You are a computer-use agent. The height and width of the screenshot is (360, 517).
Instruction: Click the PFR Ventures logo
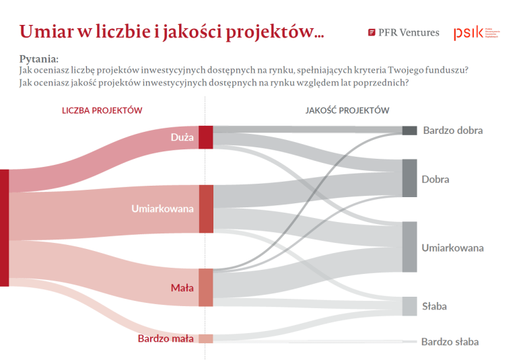(403, 32)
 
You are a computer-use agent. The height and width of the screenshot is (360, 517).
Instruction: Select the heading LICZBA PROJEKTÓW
(102, 110)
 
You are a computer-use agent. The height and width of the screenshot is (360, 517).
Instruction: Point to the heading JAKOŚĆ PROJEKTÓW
(347, 110)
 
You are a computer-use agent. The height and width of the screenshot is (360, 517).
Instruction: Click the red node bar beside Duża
(206, 137)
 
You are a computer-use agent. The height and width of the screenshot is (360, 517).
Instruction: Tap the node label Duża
(182, 137)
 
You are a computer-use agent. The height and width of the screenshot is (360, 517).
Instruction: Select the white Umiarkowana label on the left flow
(162, 209)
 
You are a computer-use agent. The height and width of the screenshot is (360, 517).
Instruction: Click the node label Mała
(182, 288)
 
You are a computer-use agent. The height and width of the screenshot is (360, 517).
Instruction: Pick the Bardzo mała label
(166, 338)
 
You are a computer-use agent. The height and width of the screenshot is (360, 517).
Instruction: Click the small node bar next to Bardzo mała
(206, 338)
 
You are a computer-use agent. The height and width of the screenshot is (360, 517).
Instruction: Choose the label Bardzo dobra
(452, 131)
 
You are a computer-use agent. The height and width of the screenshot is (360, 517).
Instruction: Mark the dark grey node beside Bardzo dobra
(409, 131)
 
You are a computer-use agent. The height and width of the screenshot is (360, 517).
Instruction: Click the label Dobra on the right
(435, 180)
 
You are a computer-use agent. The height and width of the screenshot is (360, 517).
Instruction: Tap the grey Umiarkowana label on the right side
(452, 248)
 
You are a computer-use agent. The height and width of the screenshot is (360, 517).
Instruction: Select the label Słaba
(434, 306)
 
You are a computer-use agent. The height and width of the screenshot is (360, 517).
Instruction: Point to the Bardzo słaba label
(450, 342)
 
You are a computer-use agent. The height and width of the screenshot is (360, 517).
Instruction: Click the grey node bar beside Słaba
(409, 306)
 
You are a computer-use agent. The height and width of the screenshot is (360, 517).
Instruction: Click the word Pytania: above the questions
(39, 60)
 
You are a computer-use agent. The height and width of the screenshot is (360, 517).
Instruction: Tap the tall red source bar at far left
(4, 227)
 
